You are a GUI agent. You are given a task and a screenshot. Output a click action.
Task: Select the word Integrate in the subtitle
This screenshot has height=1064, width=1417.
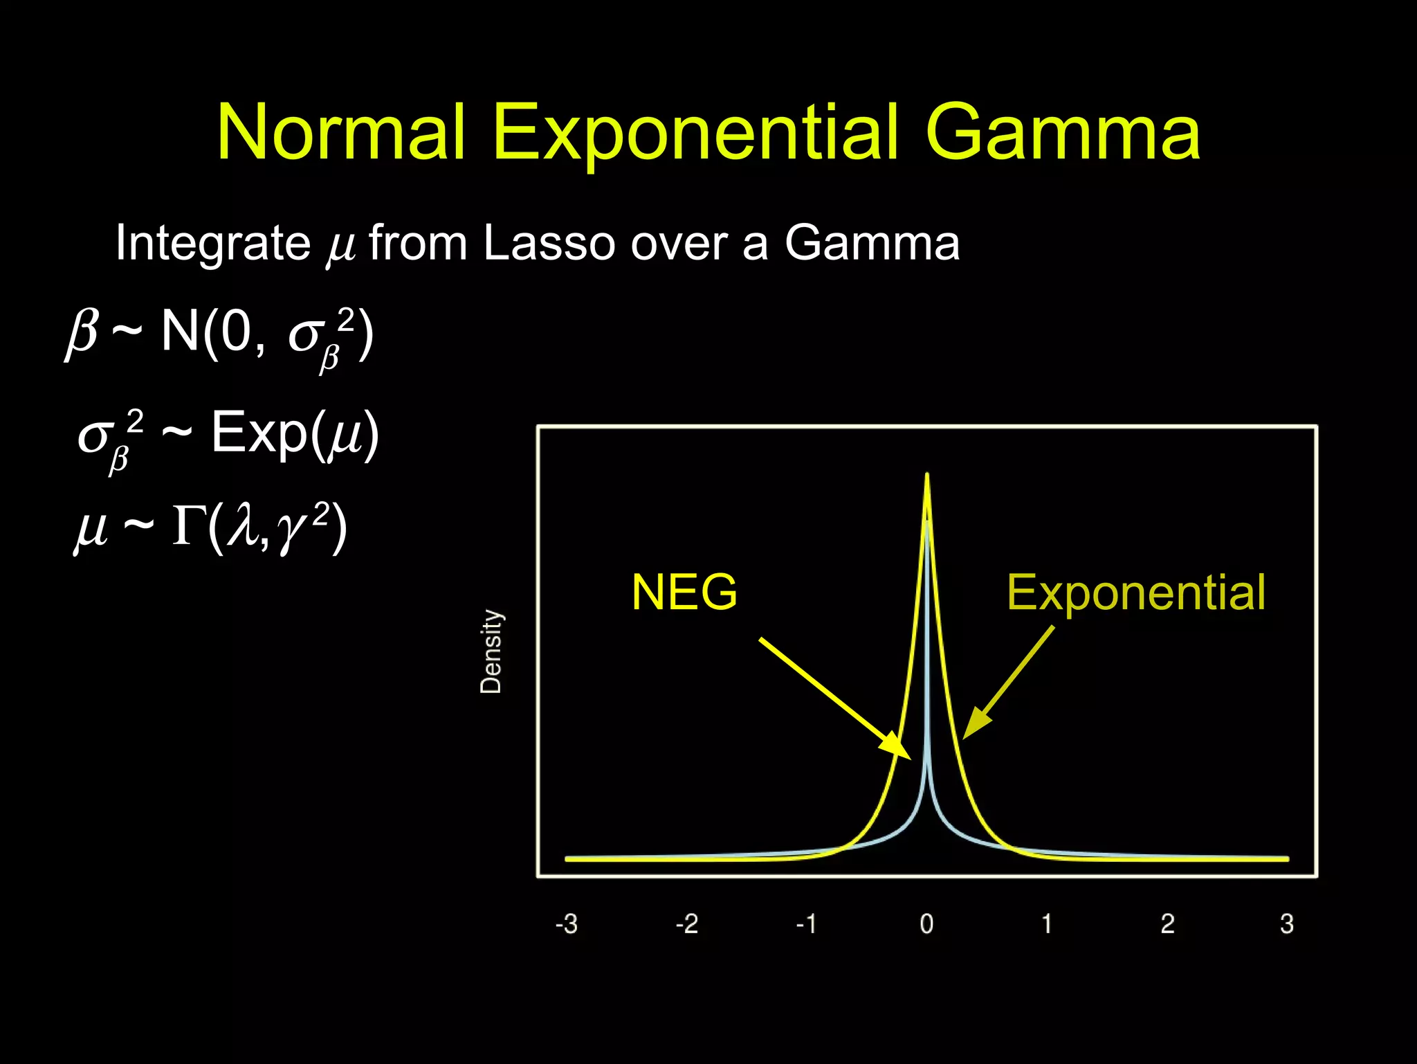pos(212,244)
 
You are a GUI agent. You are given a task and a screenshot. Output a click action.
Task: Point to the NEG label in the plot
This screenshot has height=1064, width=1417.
pos(684,593)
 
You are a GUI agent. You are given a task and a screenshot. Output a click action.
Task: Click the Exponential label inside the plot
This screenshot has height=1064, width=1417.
pos(1135,593)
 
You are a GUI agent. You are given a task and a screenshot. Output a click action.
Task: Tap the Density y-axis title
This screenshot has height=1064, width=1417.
pos(491,651)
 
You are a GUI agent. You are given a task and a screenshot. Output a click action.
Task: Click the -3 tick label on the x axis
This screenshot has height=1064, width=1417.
pos(566,923)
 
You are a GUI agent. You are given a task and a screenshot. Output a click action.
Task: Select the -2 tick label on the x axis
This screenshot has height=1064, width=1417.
pos(686,923)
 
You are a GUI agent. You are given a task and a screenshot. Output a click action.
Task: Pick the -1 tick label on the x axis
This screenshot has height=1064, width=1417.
pos(806,923)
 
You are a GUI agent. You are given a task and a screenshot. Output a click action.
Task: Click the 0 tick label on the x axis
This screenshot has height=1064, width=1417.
pos(926,923)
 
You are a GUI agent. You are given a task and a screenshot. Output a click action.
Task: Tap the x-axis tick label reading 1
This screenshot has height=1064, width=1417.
pos(1047,923)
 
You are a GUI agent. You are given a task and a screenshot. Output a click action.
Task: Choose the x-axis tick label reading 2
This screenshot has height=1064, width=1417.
pos(1167,923)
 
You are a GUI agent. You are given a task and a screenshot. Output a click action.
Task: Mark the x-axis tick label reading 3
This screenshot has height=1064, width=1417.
pos(1287,923)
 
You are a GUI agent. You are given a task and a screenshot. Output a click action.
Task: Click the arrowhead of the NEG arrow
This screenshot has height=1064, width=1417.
pos(899,750)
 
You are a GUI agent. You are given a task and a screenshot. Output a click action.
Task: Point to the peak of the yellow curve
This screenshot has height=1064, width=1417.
pos(926,476)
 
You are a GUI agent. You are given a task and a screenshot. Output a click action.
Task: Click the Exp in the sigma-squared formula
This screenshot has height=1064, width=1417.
pos(259,433)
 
